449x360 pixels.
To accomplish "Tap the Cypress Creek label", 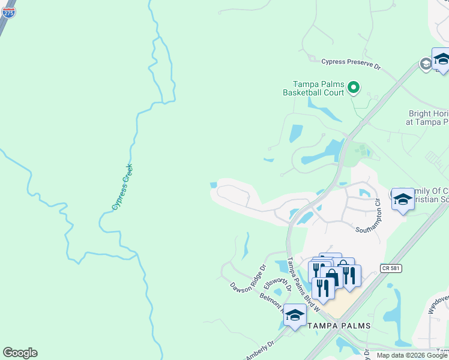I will (x=122, y=187).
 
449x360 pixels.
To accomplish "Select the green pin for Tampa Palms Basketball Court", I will (x=354, y=88).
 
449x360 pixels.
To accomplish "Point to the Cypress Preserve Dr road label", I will (x=351, y=61).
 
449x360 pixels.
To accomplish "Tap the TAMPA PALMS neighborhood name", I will (x=338, y=326).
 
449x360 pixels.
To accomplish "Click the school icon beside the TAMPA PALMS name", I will (x=295, y=315).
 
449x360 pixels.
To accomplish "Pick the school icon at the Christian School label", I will (x=403, y=199).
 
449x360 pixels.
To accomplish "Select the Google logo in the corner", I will (x=20, y=353).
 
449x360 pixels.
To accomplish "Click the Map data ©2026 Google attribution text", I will (x=412, y=355).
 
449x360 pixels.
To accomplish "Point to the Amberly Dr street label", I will (x=259, y=348).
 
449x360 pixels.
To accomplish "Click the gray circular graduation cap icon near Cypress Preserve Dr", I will (x=426, y=64).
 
